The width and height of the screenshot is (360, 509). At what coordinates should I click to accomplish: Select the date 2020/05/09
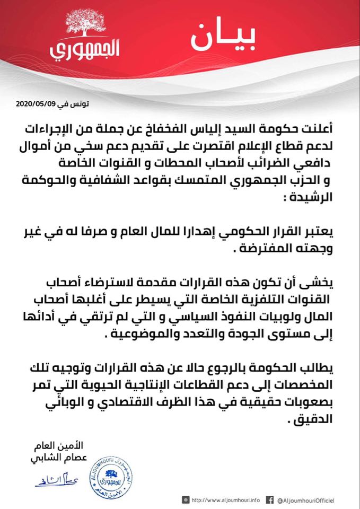(34, 104)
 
